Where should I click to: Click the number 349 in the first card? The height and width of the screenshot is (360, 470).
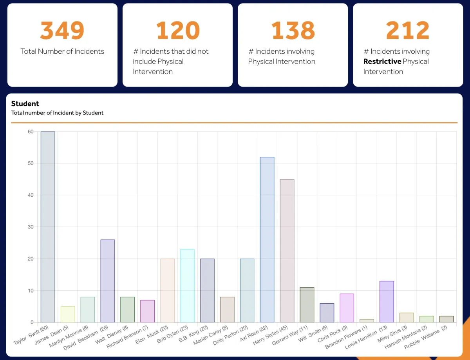(x=62, y=31)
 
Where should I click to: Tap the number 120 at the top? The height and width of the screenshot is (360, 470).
(x=177, y=31)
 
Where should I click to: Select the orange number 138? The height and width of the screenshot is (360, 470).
(x=293, y=31)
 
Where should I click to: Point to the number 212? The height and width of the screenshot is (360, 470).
(x=408, y=31)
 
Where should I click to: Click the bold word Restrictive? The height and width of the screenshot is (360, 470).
(x=382, y=62)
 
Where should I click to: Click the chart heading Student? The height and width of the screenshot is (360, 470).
(x=25, y=104)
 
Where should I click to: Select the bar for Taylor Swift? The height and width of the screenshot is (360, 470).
(x=48, y=227)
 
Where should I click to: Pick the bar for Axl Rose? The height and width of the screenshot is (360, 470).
(x=267, y=240)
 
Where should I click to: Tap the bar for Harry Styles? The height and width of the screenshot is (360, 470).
(x=287, y=251)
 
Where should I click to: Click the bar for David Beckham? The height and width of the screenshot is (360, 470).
(x=108, y=281)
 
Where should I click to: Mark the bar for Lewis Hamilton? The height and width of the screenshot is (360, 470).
(x=387, y=302)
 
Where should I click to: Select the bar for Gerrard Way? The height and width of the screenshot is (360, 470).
(x=307, y=305)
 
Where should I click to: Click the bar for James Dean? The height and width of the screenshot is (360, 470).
(x=68, y=315)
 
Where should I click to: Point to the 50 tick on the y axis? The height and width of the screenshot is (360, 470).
(x=30, y=163)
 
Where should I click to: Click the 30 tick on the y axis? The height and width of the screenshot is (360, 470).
(x=30, y=227)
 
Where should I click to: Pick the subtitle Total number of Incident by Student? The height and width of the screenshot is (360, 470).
(x=57, y=113)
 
